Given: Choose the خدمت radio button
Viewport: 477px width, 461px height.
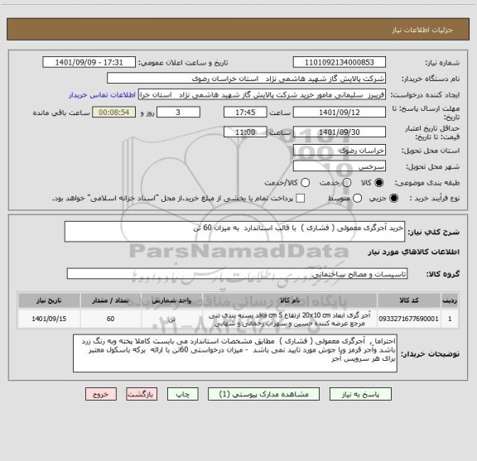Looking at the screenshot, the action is click(343, 183).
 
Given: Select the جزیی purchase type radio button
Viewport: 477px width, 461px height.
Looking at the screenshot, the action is click(393, 197).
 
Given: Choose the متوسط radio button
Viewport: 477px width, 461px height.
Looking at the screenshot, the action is click(357, 197).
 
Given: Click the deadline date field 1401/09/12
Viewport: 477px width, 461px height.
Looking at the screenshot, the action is click(340, 113).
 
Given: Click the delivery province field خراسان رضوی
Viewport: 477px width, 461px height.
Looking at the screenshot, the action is click(340, 151).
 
